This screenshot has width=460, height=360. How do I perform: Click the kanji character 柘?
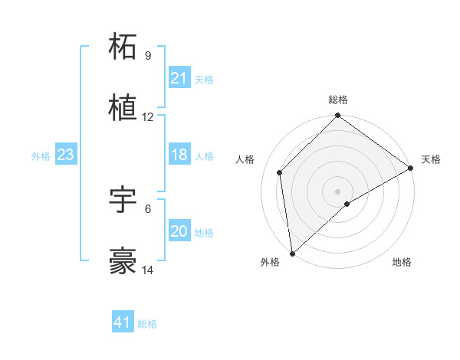click(x=123, y=47)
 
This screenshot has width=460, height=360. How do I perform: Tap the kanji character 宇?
click(x=123, y=200)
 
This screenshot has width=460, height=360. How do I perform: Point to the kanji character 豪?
click(x=123, y=261)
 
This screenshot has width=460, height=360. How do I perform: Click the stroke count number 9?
click(x=147, y=56)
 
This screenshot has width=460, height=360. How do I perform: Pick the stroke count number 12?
click(x=147, y=117)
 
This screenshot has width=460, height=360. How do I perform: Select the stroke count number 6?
click(x=147, y=208)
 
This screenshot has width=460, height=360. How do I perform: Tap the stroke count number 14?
click(x=147, y=270)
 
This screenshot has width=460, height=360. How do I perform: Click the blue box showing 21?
click(x=179, y=78)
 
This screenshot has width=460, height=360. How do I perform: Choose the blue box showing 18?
click(x=179, y=155)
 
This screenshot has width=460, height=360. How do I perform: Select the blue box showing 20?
click(x=179, y=231)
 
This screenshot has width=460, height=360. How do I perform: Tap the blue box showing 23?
click(x=66, y=155)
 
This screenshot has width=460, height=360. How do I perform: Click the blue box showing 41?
click(x=123, y=322)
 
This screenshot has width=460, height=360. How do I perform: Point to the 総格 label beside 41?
click(x=147, y=324)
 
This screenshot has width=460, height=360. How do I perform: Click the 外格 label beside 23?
click(x=41, y=155)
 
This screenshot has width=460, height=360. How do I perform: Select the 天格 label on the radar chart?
click(x=431, y=159)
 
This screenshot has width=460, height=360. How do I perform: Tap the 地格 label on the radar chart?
click(x=402, y=262)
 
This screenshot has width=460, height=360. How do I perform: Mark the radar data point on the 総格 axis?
click(x=338, y=117)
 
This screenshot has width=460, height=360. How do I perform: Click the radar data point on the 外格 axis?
click(x=292, y=253)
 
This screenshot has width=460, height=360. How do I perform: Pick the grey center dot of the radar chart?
click(x=338, y=191)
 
